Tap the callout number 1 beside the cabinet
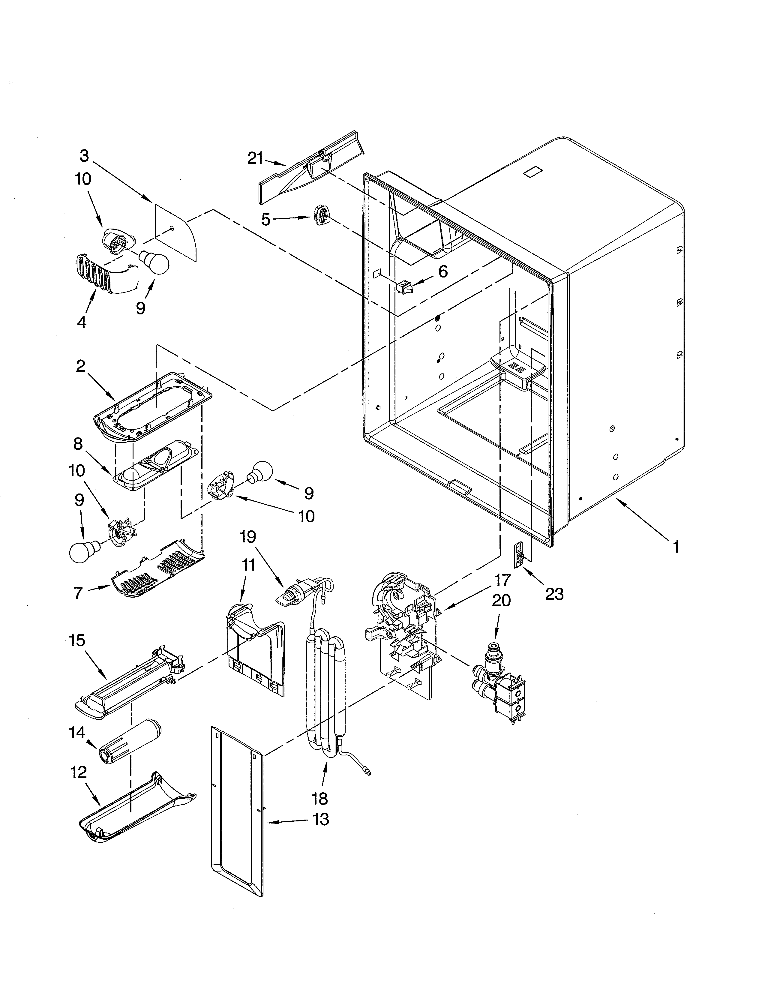(676, 547)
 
